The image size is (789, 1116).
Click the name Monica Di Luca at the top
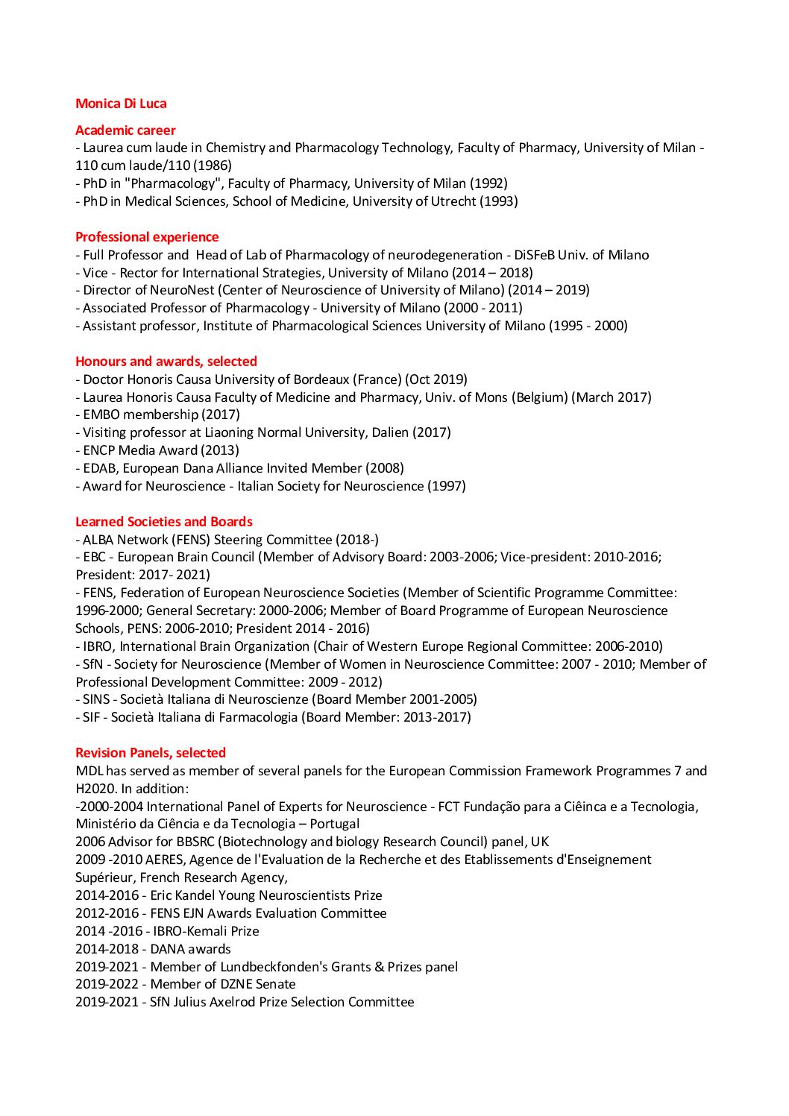pos(121,104)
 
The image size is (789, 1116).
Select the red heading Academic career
pos(125,130)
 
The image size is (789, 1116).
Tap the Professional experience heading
pos(147,237)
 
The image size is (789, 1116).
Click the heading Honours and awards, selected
pos(166,362)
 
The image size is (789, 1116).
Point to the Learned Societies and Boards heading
pos(164,522)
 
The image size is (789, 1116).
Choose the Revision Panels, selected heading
pos(151,753)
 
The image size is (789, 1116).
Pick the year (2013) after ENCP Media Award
pos(220,450)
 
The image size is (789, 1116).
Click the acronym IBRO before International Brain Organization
pos(98,646)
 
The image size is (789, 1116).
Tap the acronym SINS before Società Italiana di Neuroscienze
pos(96,699)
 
